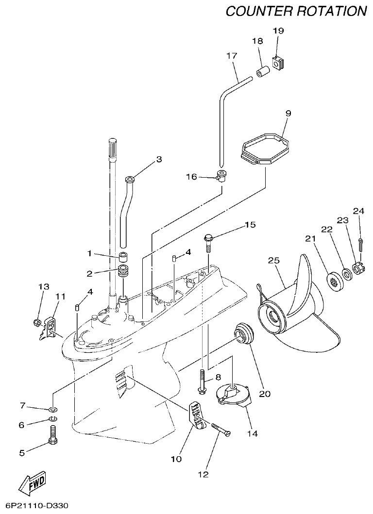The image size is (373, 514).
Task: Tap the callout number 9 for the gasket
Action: tap(288, 113)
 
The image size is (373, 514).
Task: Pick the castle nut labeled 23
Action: tap(358, 267)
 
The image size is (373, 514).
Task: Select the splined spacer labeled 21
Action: tap(335, 279)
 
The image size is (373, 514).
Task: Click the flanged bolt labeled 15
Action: tap(208, 243)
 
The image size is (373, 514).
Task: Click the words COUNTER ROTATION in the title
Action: tap(296, 11)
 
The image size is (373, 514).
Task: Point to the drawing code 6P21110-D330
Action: tap(34, 506)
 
